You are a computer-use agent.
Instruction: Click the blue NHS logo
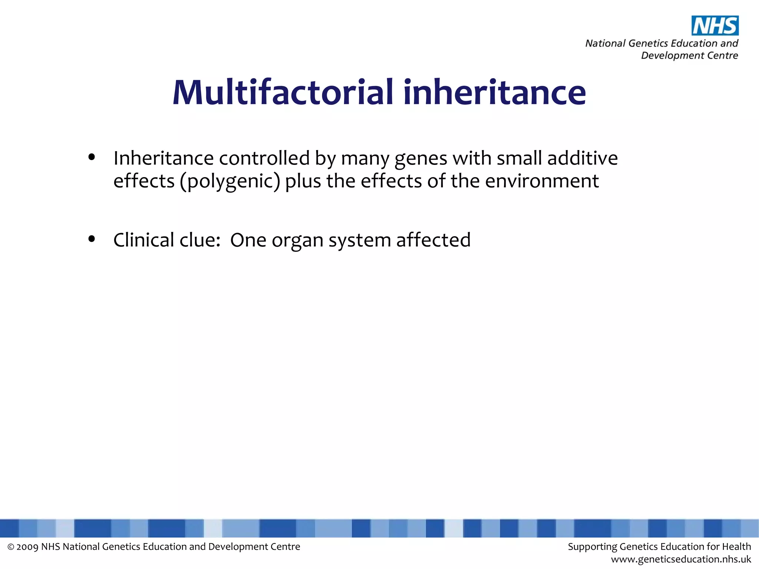[x=715, y=26]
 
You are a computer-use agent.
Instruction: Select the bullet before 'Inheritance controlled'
[x=92, y=157]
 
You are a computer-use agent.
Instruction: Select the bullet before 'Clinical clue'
[x=92, y=239]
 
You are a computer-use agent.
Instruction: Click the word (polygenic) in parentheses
[x=230, y=182]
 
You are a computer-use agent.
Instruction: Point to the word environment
[x=542, y=181]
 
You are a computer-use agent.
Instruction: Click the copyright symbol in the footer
[x=11, y=547]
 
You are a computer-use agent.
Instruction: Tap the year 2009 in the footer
[x=27, y=547]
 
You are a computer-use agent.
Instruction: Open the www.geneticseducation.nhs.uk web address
[x=681, y=559]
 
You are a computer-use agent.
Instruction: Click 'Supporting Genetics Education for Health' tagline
[x=659, y=547]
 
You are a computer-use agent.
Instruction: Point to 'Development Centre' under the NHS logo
[x=689, y=56]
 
